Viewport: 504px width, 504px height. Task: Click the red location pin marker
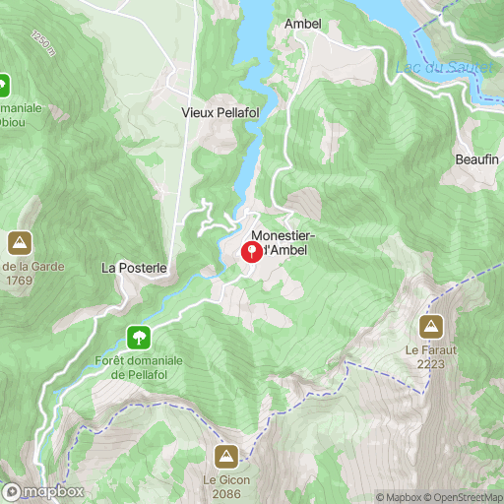pos(252,252)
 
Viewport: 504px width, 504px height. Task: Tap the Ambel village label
pos(303,24)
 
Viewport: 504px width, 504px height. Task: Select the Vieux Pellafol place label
pos(220,112)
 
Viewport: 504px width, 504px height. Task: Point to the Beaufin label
pos(477,159)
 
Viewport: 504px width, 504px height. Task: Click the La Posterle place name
pos(135,267)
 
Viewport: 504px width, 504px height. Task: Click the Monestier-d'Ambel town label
pos(284,243)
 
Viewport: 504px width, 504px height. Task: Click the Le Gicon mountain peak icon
pos(225,456)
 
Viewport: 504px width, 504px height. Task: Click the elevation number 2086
pos(225,493)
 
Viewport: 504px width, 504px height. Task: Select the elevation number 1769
pos(19,279)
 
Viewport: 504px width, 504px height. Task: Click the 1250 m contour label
pos(42,43)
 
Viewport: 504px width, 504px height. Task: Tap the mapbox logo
pos(42,491)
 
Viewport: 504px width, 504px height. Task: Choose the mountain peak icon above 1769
pos(19,241)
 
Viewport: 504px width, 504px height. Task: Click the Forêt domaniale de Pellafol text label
pos(140,367)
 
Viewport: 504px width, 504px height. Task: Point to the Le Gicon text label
pos(225,479)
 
